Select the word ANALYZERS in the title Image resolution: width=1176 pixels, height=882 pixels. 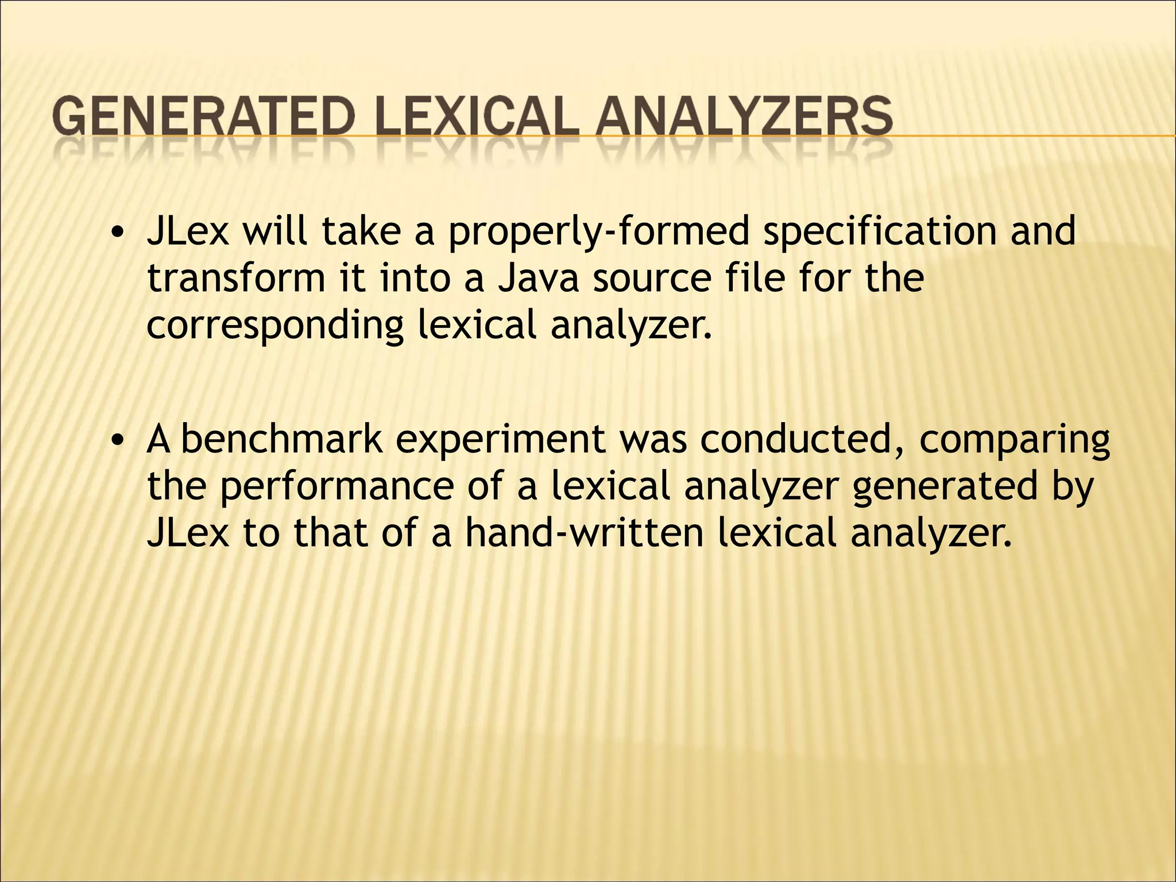click(744, 117)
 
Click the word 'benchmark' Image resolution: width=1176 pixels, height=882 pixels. click(281, 440)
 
